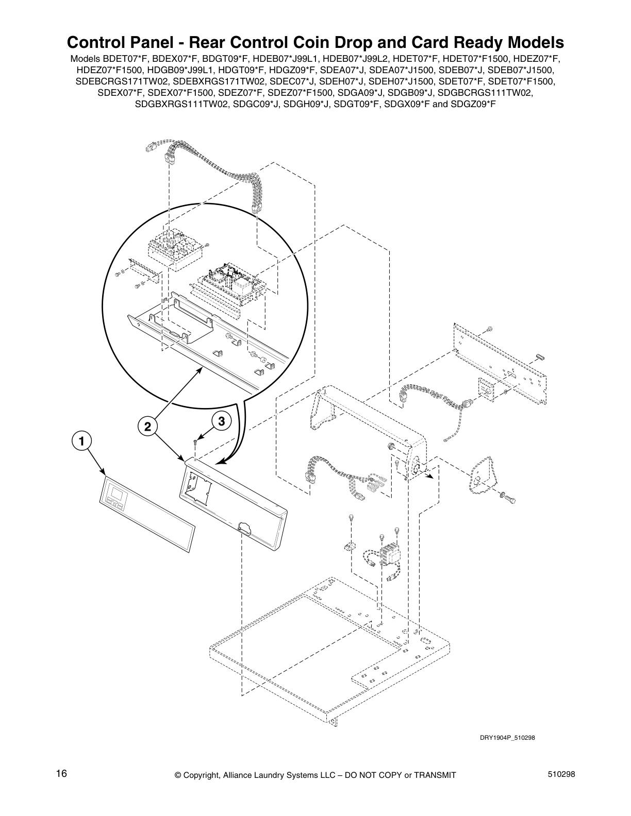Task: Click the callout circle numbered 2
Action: tap(147, 426)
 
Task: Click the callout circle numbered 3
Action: tap(221, 421)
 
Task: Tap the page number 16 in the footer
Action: tap(61, 774)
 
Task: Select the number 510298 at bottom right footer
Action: tap(561, 774)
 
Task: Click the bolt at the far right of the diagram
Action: tap(510, 498)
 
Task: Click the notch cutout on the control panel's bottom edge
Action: tap(243, 527)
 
